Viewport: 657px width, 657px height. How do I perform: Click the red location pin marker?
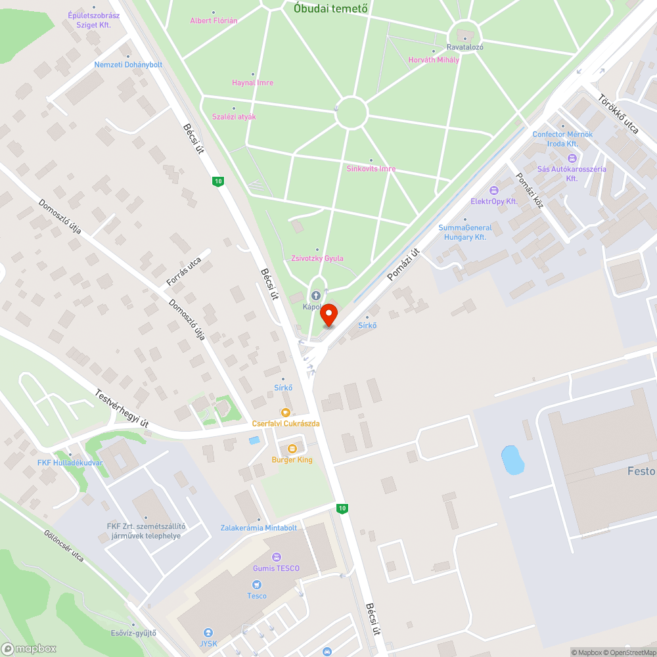tap(328, 316)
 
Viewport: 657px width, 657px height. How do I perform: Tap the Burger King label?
tap(292, 459)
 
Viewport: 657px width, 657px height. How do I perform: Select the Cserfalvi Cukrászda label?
tap(286, 423)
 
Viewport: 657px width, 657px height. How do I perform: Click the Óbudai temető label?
tap(330, 9)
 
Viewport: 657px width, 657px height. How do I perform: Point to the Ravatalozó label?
tap(465, 47)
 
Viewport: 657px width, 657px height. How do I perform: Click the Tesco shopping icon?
tap(257, 584)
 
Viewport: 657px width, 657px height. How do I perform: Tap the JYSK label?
tap(208, 643)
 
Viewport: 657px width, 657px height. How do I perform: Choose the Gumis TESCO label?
tap(276, 568)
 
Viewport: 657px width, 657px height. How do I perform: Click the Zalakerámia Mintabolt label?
tap(259, 528)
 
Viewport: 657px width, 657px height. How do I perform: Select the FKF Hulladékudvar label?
tap(70, 463)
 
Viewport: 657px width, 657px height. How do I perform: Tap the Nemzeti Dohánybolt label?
tap(128, 65)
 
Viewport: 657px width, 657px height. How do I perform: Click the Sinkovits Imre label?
tap(371, 169)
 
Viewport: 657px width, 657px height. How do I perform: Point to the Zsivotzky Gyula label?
tap(317, 258)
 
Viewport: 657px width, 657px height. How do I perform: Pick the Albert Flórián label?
tap(214, 20)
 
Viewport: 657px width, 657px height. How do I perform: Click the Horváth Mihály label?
tap(434, 59)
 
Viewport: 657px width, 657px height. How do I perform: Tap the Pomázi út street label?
tap(403, 264)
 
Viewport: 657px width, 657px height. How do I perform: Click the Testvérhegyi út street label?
tap(122, 409)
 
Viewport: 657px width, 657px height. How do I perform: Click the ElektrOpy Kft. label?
tap(494, 201)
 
